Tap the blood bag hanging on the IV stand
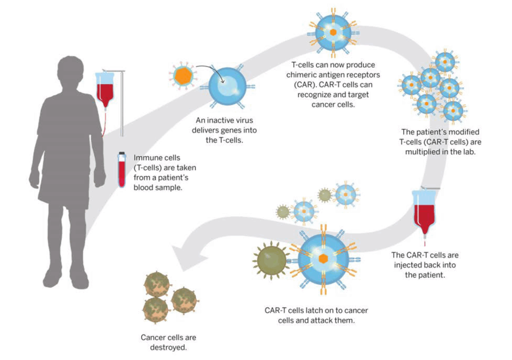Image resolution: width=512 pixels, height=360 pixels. tap(105, 89)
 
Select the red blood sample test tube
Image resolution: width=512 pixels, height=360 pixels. tap(122, 169)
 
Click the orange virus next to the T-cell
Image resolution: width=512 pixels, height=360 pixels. tap(183, 76)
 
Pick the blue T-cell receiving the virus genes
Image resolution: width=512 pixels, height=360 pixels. tap(227, 87)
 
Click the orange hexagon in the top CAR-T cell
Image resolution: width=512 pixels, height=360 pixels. tap(333, 32)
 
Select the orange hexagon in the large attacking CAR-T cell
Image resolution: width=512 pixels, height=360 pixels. tap(323, 259)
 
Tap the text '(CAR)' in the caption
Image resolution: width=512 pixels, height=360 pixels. tap(304, 85)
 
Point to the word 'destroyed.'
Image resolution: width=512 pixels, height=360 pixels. tap(168, 348)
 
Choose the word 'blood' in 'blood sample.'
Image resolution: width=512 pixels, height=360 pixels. tap(143, 188)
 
